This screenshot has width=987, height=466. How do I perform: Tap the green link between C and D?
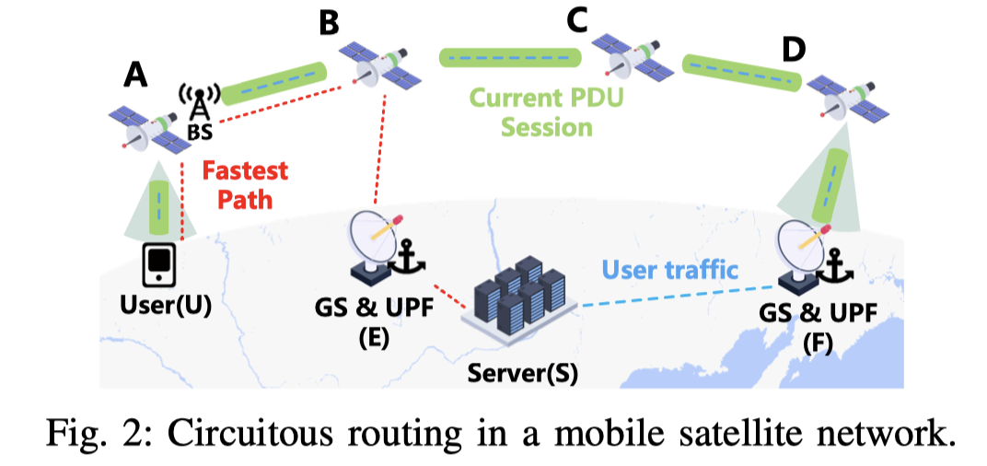click(x=741, y=74)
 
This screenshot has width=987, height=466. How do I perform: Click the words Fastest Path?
click(x=244, y=185)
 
